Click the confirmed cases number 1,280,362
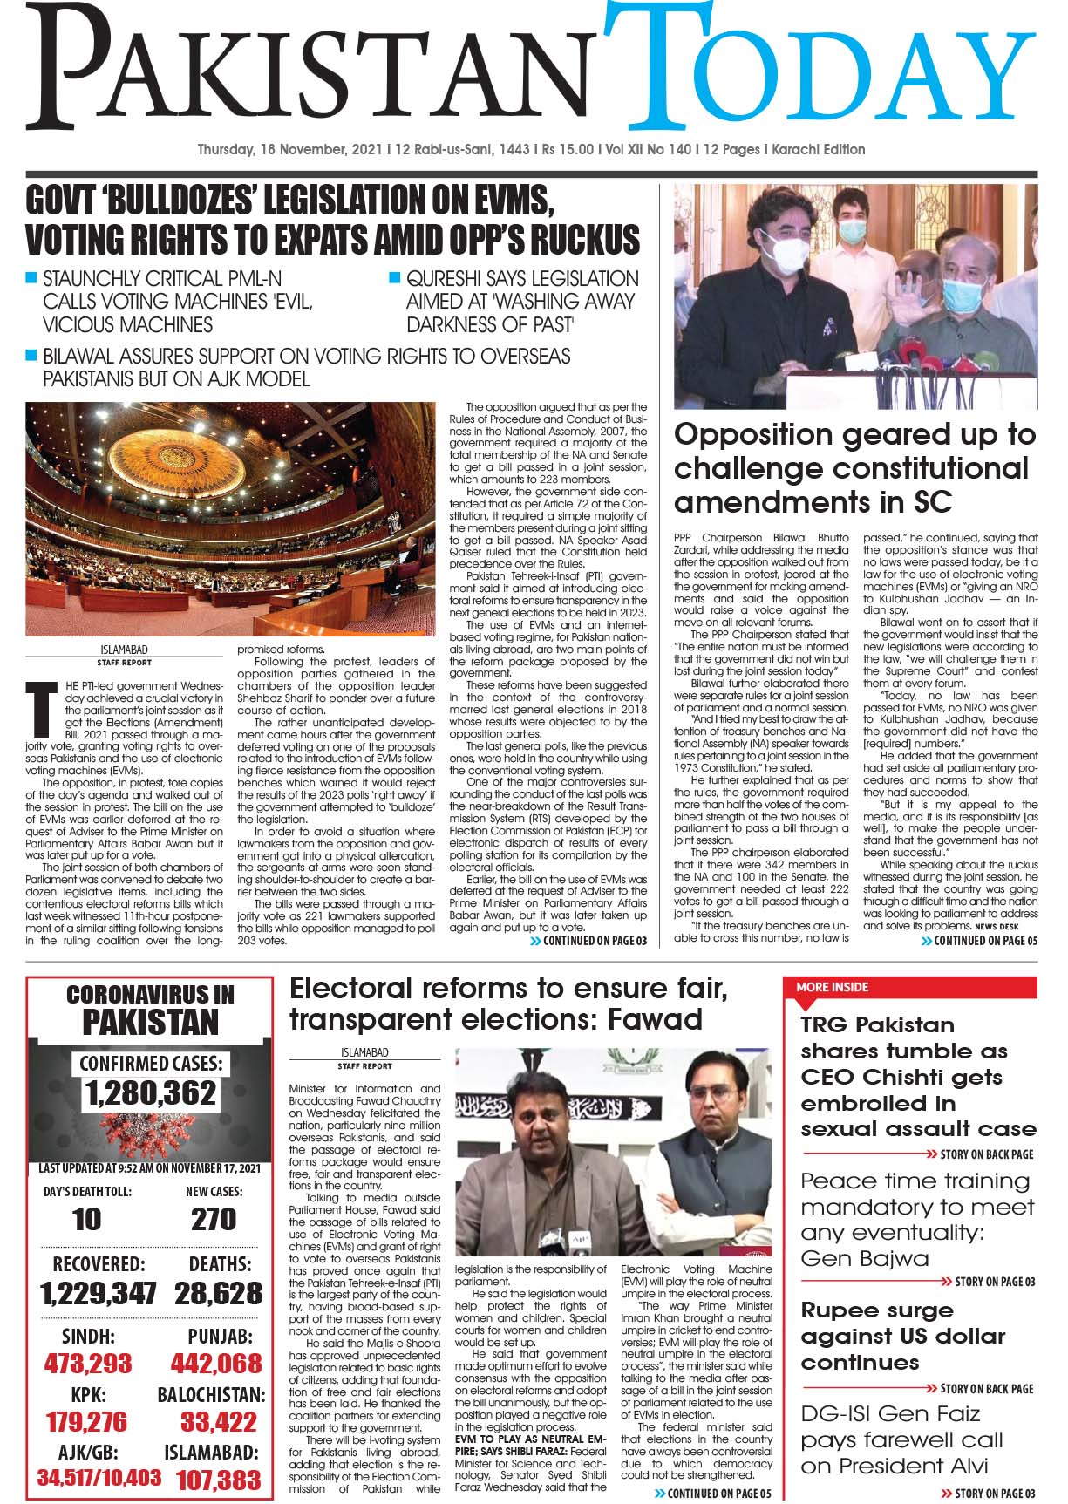pyautogui.click(x=150, y=1092)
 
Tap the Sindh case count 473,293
pyautogui.click(x=88, y=1363)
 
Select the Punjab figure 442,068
pyautogui.click(x=216, y=1363)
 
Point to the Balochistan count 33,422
pyautogui.click(x=219, y=1422)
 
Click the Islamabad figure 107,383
pyautogui.click(x=218, y=1480)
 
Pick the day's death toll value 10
pyautogui.click(x=86, y=1219)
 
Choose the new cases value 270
pyautogui.click(x=214, y=1219)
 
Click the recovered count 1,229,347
pyautogui.click(x=99, y=1293)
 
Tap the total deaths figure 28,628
pyautogui.click(x=218, y=1293)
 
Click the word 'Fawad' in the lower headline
pyautogui.click(x=655, y=1018)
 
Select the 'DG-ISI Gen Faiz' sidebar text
pyautogui.click(x=890, y=1413)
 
